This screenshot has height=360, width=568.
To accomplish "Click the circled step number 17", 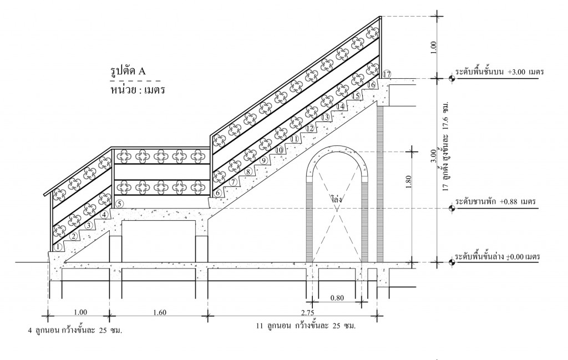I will point(387,74).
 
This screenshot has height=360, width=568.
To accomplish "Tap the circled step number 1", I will point(58,247).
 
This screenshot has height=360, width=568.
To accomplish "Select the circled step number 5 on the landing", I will point(120,204).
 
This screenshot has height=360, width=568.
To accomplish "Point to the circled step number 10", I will point(279,150).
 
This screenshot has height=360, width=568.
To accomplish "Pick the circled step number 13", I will point(326,117).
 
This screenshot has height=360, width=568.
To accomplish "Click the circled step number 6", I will point(218,193).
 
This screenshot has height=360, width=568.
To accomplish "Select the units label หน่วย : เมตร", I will point(139,88).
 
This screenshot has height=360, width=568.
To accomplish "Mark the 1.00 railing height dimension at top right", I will point(433,48).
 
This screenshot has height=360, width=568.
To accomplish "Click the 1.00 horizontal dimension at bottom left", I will point(80,312).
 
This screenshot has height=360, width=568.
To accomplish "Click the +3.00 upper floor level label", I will point(498,73).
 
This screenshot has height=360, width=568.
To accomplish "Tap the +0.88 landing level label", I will point(495,202).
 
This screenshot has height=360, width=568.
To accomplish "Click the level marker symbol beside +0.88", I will point(452,208).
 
